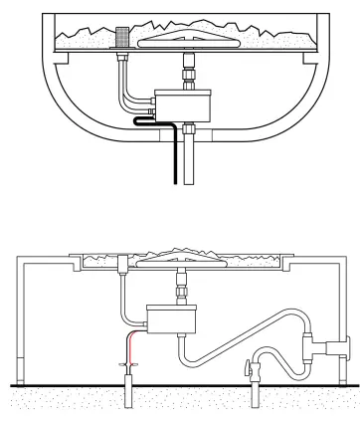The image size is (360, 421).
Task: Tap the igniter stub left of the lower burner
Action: point(122,266)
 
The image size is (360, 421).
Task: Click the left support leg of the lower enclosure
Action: point(20,318)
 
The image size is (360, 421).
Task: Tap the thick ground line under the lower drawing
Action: point(180,383)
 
